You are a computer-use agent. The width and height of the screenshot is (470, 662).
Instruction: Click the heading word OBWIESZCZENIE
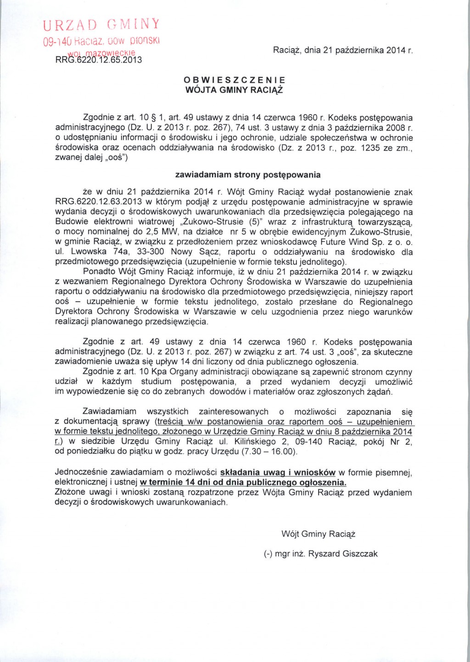(234, 80)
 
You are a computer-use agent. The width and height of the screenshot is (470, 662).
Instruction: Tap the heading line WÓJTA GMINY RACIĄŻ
(234, 90)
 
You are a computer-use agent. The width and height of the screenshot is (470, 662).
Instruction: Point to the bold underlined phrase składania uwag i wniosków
(278, 472)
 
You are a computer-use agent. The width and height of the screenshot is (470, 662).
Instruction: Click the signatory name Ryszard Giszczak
(342, 554)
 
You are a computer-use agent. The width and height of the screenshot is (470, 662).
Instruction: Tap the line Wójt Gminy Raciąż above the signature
(319, 534)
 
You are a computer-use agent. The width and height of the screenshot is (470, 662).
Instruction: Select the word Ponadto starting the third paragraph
(97, 272)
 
